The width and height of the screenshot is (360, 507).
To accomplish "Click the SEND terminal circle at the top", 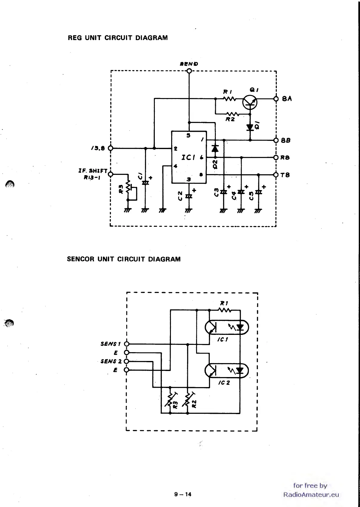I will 189,71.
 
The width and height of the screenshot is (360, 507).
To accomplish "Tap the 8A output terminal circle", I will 276,99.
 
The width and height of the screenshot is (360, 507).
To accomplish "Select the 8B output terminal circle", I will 276,140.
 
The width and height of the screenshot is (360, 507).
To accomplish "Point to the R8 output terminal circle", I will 276,158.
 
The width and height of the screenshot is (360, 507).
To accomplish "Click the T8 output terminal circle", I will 276,175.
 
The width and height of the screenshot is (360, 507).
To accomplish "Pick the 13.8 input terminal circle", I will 111,148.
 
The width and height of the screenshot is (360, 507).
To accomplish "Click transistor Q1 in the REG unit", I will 250,102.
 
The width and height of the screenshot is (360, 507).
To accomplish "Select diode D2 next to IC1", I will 215,149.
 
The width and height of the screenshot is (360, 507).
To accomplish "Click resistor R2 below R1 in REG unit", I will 232,114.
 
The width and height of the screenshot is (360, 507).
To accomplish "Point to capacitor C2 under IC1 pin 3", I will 189,196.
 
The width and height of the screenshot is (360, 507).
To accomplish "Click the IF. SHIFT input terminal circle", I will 111,174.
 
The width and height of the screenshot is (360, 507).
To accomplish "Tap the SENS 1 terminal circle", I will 127,344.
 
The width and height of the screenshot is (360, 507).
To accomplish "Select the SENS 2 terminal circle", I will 127,361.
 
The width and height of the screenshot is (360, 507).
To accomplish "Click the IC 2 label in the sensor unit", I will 224,383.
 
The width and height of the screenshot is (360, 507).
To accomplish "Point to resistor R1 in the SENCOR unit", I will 225,310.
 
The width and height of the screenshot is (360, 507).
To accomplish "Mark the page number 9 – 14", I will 183,494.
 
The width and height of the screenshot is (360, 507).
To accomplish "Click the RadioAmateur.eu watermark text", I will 311,495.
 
